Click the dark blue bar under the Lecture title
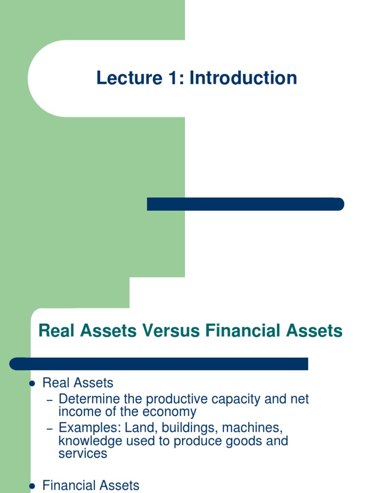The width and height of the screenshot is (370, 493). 245,204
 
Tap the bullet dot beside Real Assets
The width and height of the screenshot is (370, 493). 32,384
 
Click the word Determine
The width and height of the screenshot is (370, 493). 87,399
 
